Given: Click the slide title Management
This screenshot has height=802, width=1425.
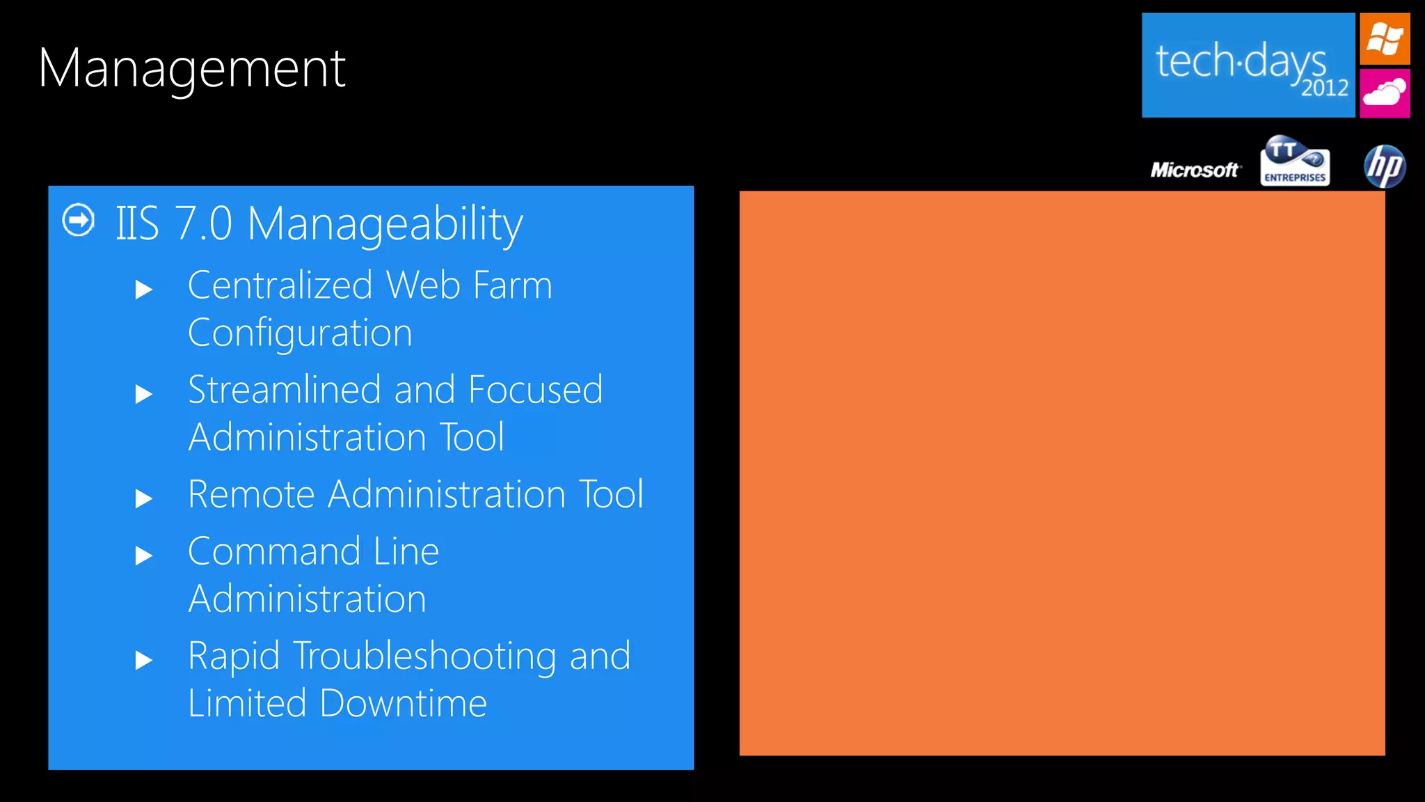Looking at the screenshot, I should click(191, 69).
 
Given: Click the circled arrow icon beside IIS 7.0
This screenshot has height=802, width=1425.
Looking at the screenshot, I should click(79, 220).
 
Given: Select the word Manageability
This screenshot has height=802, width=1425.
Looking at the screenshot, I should click(385, 224).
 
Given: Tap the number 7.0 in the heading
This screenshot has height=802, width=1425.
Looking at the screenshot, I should click(202, 224).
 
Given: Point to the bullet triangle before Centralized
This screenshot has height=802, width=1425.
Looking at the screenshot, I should click(143, 289).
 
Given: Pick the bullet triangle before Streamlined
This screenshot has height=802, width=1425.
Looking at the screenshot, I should click(143, 394).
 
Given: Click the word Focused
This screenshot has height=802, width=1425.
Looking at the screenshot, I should click(535, 390).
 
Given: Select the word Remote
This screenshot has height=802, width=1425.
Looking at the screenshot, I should click(251, 494).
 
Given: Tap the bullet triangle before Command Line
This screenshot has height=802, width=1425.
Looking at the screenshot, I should click(143, 555).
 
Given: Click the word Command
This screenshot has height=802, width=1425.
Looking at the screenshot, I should click(274, 551).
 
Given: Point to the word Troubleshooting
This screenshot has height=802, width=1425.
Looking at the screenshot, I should click(424, 656).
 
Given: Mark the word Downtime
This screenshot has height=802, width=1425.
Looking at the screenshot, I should click(403, 703).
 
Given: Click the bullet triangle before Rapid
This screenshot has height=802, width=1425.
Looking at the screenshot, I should click(143, 659).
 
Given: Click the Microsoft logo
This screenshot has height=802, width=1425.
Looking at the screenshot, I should click(1195, 170).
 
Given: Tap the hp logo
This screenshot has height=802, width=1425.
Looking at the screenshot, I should click(1385, 166).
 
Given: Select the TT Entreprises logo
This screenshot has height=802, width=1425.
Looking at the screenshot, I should click(1294, 162).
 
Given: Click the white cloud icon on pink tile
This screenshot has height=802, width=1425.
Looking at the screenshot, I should click(1385, 93).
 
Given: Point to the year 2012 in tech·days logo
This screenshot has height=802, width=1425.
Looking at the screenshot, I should click(1324, 88).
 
